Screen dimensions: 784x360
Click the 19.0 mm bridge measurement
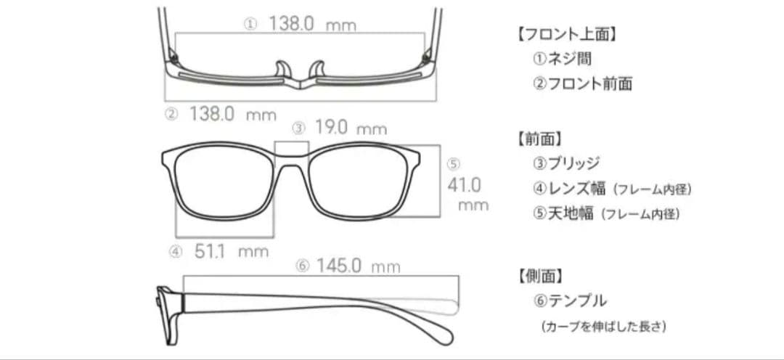point(351,128)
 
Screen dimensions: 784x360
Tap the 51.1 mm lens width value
point(232,251)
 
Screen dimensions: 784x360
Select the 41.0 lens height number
point(465,186)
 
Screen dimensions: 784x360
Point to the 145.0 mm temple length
point(358,266)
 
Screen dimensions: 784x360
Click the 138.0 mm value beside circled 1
point(312,23)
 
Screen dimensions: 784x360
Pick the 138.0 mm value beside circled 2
point(233,114)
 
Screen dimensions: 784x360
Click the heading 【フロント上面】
point(566,34)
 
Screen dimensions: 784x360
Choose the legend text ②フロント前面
point(582,83)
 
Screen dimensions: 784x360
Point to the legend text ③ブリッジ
point(566,163)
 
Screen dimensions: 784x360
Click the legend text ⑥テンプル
point(570,300)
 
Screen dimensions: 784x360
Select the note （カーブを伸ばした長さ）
point(603,327)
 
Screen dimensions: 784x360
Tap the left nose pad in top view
point(282,70)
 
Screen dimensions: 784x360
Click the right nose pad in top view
point(317,70)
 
